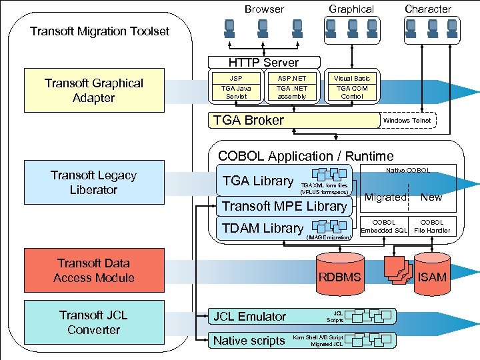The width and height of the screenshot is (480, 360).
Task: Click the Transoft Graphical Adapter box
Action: click(x=94, y=91)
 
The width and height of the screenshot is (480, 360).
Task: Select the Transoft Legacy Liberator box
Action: click(x=94, y=183)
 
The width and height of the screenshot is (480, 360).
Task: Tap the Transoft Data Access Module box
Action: click(x=94, y=271)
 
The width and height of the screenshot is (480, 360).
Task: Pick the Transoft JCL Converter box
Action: click(x=94, y=323)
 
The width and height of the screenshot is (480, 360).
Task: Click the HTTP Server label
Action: click(x=264, y=63)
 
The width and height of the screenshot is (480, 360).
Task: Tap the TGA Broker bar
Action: click(x=293, y=120)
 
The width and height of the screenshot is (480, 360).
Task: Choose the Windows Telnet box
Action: click(x=407, y=120)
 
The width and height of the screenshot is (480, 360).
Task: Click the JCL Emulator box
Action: click(x=249, y=317)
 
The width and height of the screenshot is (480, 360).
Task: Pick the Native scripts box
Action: click(x=249, y=341)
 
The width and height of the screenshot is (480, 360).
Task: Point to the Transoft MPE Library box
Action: click(x=284, y=206)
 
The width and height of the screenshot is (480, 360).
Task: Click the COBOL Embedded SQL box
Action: click(x=383, y=227)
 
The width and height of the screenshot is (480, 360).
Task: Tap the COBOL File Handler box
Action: click(x=432, y=227)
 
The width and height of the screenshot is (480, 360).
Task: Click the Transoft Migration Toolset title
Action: click(x=100, y=31)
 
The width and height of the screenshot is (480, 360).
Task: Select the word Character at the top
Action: click(x=428, y=9)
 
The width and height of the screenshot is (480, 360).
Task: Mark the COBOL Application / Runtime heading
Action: click(x=306, y=156)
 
